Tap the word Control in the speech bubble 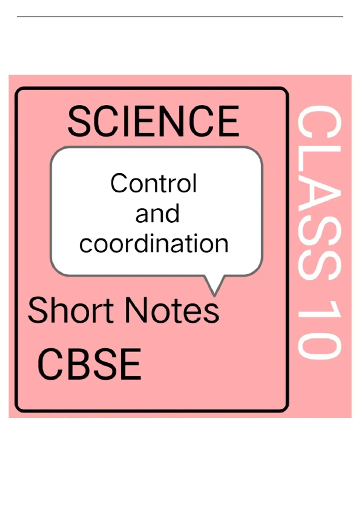[154, 183]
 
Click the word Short [70, 310]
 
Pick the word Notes [172, 310]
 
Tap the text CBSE [89, 364]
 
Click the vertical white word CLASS [319, 194]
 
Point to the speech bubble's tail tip [214, 296]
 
